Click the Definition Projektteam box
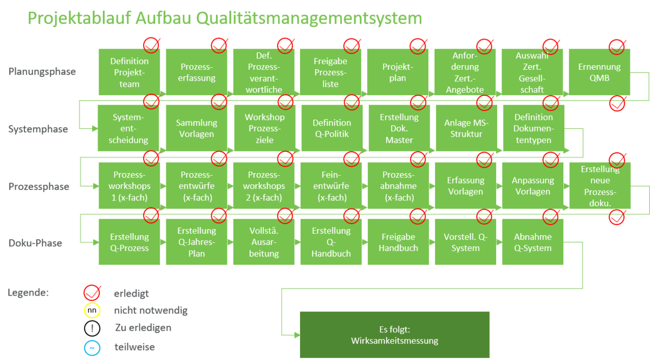pyautogui.click(x=129, y=72)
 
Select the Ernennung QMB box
pyautogui.click(x=599, y=72)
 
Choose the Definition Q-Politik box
pyautogui.click(x=331, y=128)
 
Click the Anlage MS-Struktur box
pyautogui.click(x=466, y=128)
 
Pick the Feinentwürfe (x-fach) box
pyautogui.click(x=331, y=186)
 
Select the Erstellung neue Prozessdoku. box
pyautogui.click(x=599, y=186)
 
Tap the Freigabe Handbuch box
pyautogui.click(x=398, y=242)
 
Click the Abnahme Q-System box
pyautogui.click(x=533, y=242)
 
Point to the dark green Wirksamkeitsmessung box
pyautogui.click(x=394, y=335)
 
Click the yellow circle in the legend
pyautogui.click(x=92, y=311)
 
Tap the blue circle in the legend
pyautogui.click(x=92, y=346)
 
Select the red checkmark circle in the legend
pyautogui.click(x=92, y=293)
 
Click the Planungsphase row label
pyautogui.click(x=42, y=71)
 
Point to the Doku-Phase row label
pyautogui.click(x=35, y=243)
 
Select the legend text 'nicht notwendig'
pyautogui.click(x=151, y=311)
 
